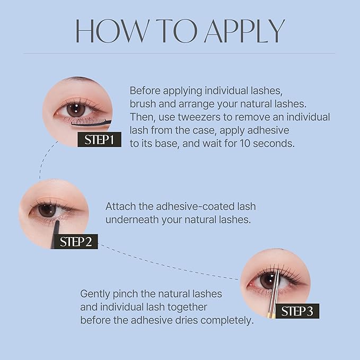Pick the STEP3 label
297,311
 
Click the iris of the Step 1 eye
76,110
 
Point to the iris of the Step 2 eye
47,210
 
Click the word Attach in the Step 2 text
119,206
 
